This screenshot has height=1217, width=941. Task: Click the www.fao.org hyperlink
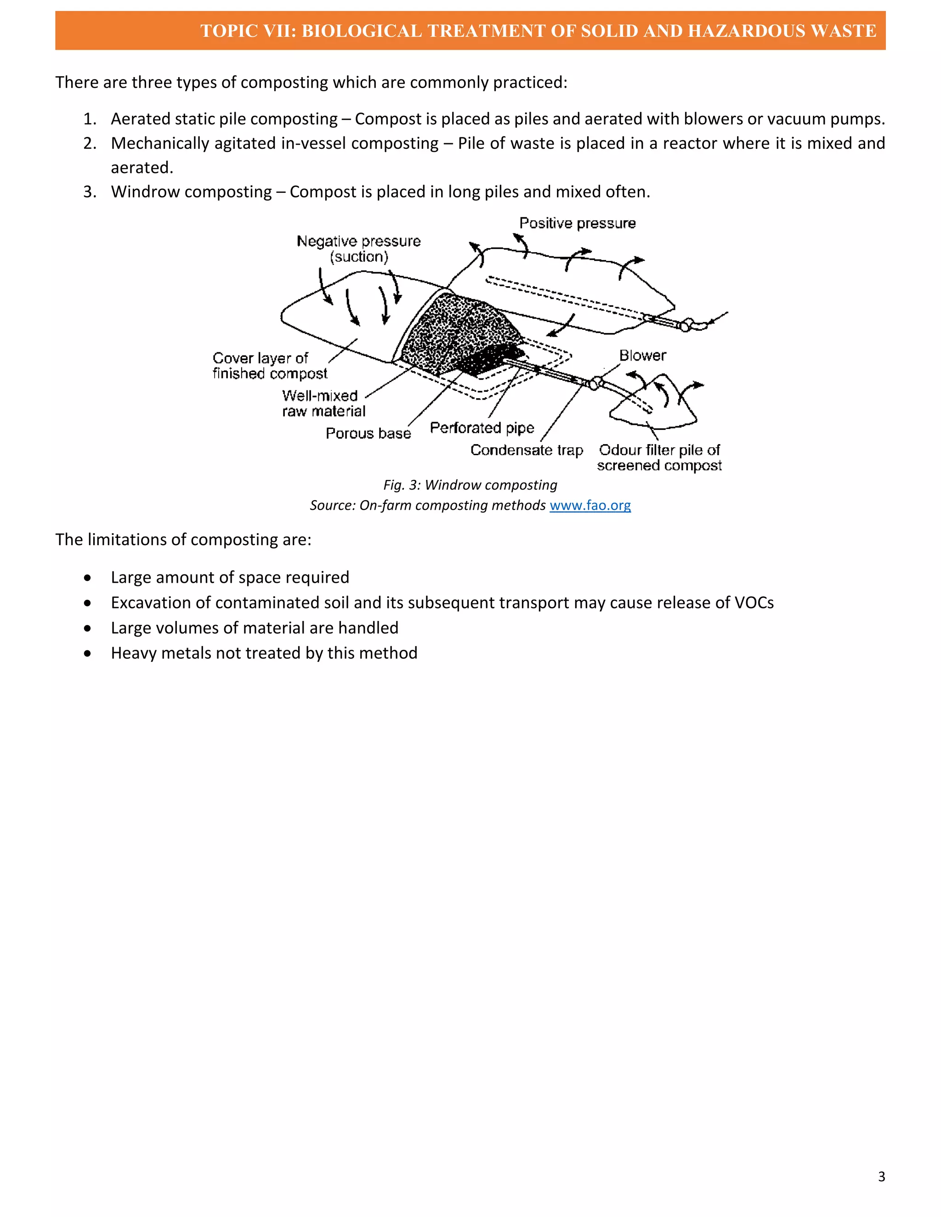pos(590,506)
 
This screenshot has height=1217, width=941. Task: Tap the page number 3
pos(881,1176)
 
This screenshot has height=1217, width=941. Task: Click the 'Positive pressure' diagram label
pos(577,224)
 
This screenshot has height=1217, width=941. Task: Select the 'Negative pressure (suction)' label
pos(358,248)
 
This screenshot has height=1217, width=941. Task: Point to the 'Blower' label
pos(642,355)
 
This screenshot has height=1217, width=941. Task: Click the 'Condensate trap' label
pos(526,450)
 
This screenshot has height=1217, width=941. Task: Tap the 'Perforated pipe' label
pos(482,428)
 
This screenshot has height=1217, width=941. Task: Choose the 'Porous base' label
pos(368,434)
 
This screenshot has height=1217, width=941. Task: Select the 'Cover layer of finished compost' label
pos(270,366)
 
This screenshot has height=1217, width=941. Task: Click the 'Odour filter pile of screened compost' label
pos(659,457)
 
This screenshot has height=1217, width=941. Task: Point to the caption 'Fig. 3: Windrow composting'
pos(470,485)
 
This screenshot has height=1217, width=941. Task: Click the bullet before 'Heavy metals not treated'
pos(87,654)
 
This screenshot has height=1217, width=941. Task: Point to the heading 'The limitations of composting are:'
pos(183,540)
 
